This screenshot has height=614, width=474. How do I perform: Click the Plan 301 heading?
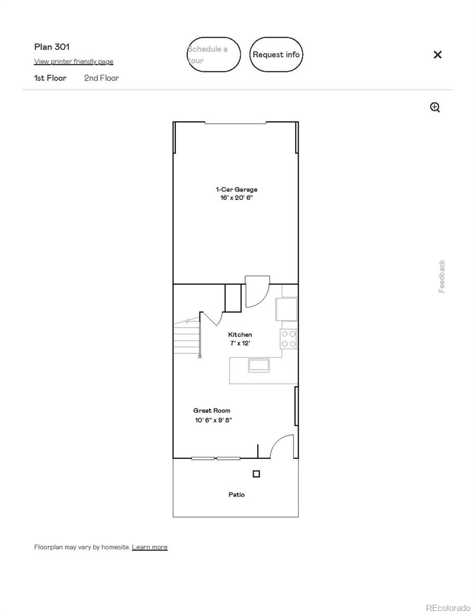[x=52, y=47]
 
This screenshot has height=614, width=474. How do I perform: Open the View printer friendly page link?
[x=74, y=61]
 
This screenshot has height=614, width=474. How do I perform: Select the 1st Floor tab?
[x=50, y=78]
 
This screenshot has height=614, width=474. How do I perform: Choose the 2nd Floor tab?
[x=102, y=78]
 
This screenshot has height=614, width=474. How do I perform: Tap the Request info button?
[x=276, y=54]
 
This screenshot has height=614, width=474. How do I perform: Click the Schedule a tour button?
[x=214, y=54]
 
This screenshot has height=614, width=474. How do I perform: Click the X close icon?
[x=437, y=55]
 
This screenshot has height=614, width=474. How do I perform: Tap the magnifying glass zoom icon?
[x=435, y=107]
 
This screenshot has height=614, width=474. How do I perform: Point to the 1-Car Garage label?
[x=237, y=189]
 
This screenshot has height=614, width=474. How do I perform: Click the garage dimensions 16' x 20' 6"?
[x=236, y=198]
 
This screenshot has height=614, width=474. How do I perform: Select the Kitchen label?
[x=240, y=335]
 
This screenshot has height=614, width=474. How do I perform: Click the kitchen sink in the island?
[x=259, y=365]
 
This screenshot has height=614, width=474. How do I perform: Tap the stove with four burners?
[x=288, y=339]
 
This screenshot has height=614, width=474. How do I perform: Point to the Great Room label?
[x=212, y=410]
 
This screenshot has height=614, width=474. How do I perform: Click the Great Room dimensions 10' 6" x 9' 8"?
[x=213, y=420]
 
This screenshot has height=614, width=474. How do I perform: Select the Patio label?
[x=237, y=494]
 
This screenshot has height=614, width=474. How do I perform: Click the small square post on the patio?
[x=256, y=474]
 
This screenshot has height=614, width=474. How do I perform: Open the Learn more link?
[x=150, y=547]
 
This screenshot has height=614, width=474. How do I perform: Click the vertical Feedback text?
[x=442, y=276]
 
